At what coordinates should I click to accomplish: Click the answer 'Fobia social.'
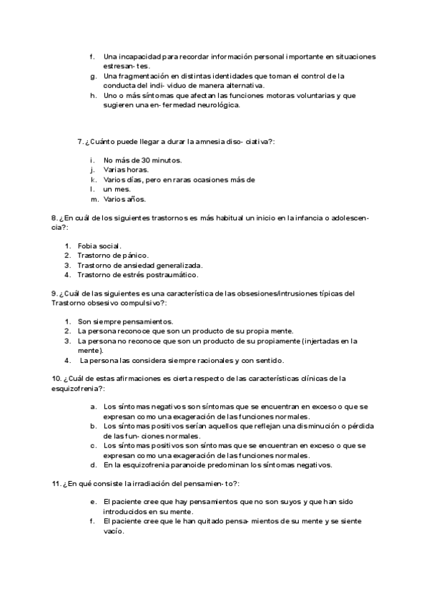coord(100,246)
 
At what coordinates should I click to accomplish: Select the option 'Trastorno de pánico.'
coord(113,255)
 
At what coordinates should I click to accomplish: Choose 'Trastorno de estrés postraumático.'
coord(138,274)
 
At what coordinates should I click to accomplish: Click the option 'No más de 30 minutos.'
coord(142,160)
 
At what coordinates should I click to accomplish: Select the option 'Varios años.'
coord(124,199)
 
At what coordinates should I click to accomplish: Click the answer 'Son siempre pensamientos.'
coord(125,321)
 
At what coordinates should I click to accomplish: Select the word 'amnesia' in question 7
coord(204,141)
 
